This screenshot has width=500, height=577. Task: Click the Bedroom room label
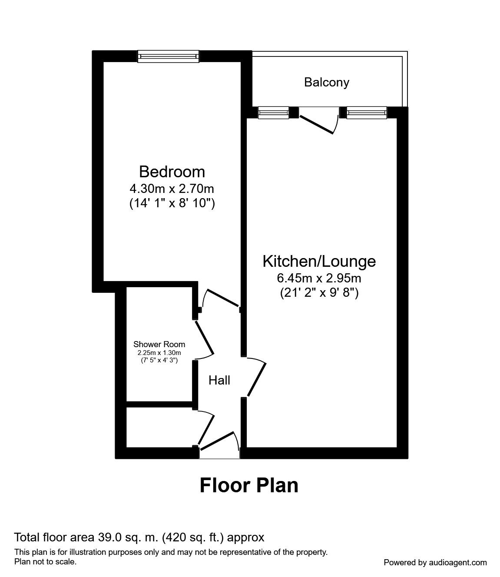172,172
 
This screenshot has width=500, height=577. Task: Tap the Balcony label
327,82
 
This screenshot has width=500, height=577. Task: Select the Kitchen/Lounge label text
319,261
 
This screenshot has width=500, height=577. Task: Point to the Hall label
219,380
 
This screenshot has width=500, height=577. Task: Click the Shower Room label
159,344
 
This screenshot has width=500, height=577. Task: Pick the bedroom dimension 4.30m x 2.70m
172,189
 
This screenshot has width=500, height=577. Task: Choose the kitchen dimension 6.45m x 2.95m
319,278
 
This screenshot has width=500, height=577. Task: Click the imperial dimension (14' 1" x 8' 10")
172,203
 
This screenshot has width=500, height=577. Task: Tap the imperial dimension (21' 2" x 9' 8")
319,293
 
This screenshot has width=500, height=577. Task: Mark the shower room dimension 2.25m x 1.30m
159,352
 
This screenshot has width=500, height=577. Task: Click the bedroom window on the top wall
169,56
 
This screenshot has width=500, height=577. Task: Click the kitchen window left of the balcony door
273,113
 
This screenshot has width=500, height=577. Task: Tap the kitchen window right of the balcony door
366,113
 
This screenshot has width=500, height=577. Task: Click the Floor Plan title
249,485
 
